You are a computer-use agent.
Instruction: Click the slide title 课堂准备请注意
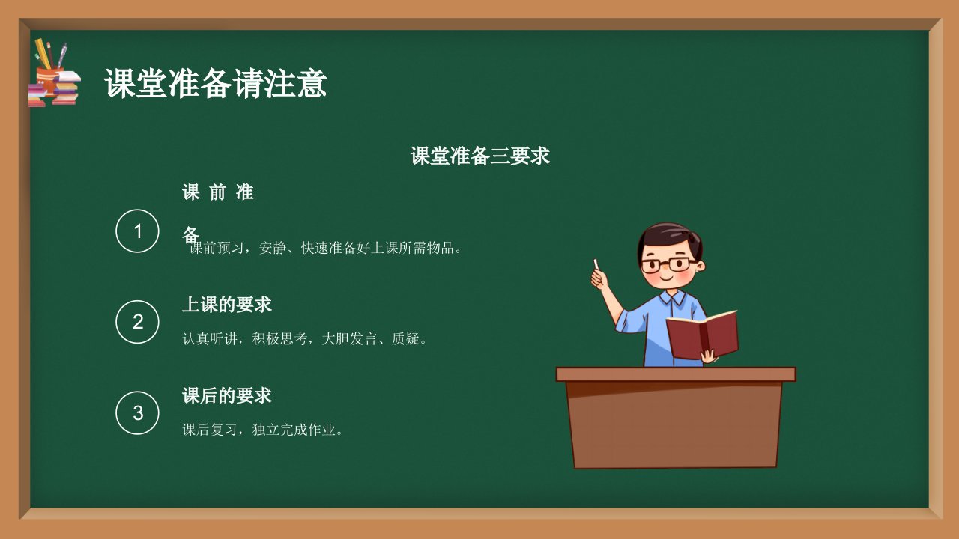click(x=215, y=83)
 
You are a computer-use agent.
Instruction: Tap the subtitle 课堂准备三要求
click(x=479, y=156)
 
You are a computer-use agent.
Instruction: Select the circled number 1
click(x=137, y=231)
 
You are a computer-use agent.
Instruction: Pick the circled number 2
click(x=137, y=322)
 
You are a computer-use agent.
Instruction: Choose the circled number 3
click(x=137, y=412)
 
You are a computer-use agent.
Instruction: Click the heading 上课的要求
click(x=227, y=305)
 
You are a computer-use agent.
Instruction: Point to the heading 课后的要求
click(x=227, y=395)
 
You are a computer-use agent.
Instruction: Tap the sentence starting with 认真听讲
click(x=304, y=339)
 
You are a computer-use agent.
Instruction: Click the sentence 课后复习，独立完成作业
click(x=262, y=430)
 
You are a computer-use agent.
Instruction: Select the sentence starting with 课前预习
click(x=325, y=248)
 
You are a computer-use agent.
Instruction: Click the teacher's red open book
click(x=702, y=335)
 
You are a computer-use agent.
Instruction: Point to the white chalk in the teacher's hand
click(x=596, y=264)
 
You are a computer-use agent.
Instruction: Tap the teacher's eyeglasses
click(x=669, y=265)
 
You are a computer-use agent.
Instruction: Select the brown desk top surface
click(x=676, y=374)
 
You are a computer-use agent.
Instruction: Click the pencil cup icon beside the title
click(x=49, y=79)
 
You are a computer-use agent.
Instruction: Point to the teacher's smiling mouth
click(x=667, y=278)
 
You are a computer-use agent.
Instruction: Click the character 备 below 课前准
click(x=190, y=234)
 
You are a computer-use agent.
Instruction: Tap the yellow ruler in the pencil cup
click(x=43, y=53)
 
